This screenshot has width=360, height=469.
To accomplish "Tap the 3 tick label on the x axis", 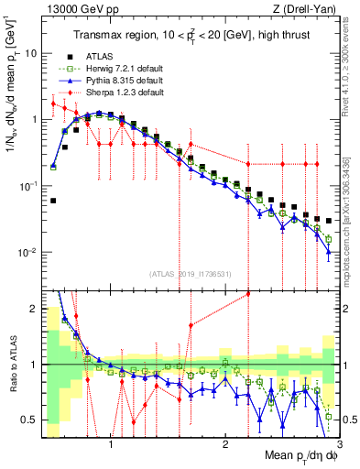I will [x=339, y=445].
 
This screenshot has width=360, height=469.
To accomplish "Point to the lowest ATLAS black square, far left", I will [x=53, y=201].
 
